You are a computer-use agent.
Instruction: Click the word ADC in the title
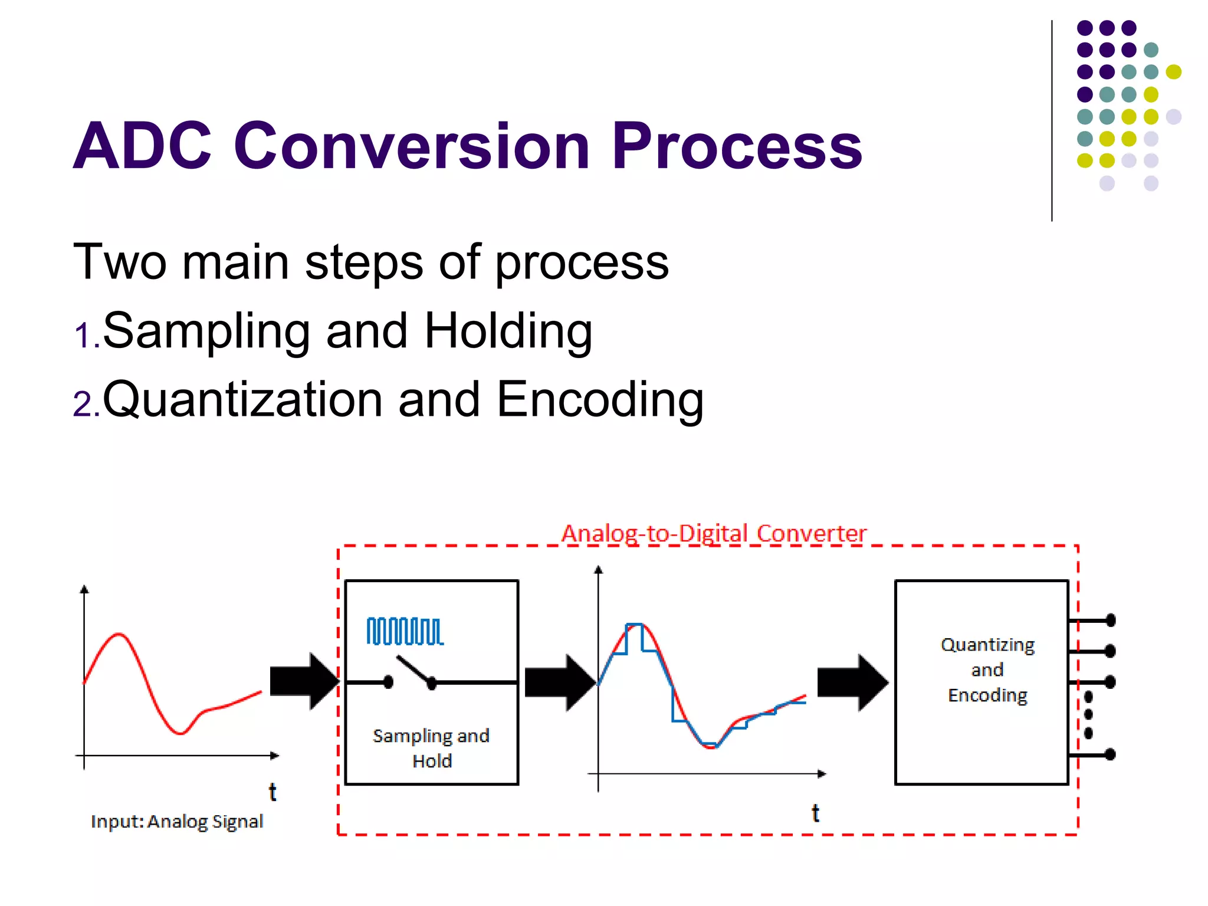click(x=142, y=146)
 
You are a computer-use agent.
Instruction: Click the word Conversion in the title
click(x=412, y=146)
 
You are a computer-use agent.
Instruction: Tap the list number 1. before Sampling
click(x=86, y=336)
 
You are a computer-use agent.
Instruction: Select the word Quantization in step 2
click(x=242, y=400)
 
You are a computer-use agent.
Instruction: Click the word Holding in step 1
click(x=508, y=331)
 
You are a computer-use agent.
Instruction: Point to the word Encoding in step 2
click(x=600, y=400)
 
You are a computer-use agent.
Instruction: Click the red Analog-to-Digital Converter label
click(x=714, y=533)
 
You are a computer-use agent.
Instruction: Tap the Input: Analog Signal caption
click(x=177, y=821)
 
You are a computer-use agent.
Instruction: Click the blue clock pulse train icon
click(x=405, y=632)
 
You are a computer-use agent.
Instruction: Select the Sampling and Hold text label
click(x=431, y=748)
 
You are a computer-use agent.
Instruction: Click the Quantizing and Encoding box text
click(x=987, y=670)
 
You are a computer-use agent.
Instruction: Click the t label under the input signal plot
click(x=273, y=792)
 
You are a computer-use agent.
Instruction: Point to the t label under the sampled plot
click(x=815, y=813)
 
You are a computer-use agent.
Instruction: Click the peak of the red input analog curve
click(x=119, y=635)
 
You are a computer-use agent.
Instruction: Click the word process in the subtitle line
click(x=581, y=263)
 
